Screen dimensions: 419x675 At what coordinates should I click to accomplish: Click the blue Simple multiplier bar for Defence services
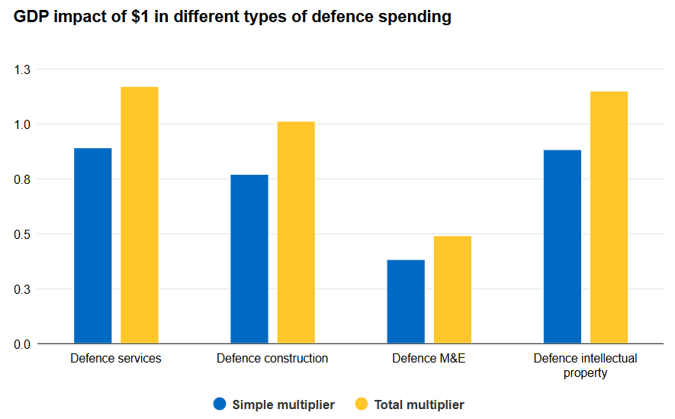[93, 246]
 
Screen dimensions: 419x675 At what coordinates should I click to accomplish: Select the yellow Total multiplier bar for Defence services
[140, 215]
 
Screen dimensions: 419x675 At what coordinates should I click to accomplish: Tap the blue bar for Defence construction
[249, 259]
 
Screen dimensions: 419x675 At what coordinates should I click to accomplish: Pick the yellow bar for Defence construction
[296, 233]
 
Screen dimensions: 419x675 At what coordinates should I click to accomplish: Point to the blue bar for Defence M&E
[406, 301]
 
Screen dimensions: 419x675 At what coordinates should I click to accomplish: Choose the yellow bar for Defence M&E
[452, 289]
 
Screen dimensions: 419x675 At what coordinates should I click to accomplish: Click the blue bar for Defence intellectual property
[562, 247]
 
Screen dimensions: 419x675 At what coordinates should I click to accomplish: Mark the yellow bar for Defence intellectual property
[609, 218]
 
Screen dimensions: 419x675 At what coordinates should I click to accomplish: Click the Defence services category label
[116, 358]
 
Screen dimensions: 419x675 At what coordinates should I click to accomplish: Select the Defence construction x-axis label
[272, 358]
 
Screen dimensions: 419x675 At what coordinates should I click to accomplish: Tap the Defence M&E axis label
[429, 358]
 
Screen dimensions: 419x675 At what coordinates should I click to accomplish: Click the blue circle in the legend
[220, 404]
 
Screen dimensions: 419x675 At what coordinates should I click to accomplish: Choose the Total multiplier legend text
[419, 404]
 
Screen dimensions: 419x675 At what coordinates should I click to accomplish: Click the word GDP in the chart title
[31, 17]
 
